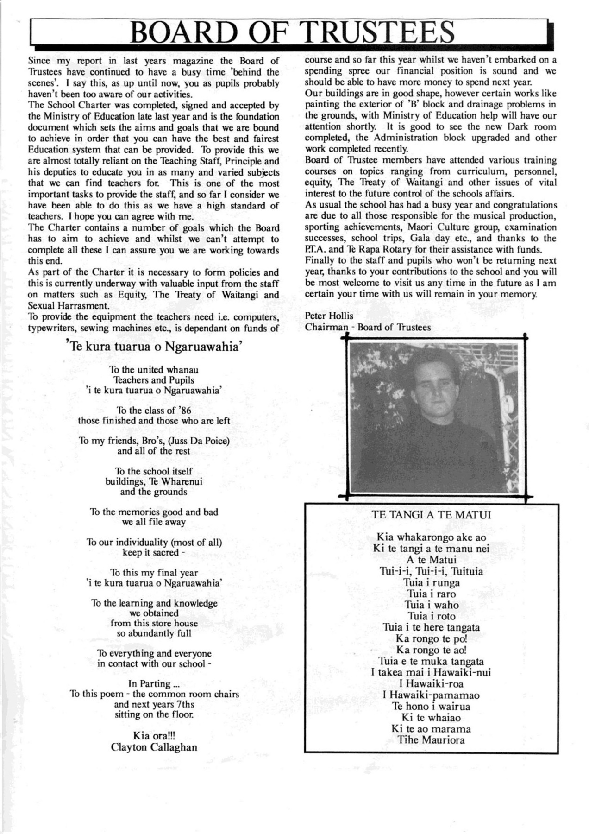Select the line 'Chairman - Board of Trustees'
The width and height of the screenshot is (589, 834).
coord(368,327)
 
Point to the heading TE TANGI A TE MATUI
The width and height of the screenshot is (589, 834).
coord(431,514)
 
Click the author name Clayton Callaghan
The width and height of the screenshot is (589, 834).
coord(154,747)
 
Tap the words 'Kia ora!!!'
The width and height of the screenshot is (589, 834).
coord(154,736)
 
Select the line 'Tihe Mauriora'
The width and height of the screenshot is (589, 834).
coord(431,739)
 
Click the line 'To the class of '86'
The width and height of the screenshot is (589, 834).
coord(154,411)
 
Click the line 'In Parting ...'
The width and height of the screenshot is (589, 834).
coord(154,684)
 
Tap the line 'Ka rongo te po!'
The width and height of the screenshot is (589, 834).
coord(431,639)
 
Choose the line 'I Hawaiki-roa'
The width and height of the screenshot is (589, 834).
coord(431,684)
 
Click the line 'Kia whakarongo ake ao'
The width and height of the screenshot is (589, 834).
coord(431,537)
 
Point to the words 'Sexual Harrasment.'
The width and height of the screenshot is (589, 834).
coord(69,306)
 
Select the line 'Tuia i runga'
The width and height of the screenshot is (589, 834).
coord(431,582)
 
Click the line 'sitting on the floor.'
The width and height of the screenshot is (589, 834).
coord(154,714)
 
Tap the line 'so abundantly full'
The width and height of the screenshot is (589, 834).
coord(154,633)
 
